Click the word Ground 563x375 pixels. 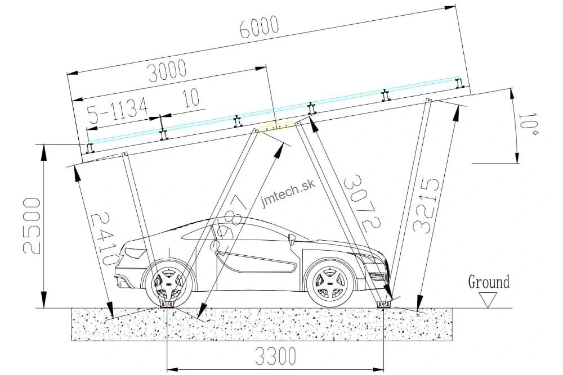pyautogui.click(x=489, y=282)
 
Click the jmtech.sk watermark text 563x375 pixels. pyautogui.click(x=288, y=193)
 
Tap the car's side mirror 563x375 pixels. pyautogui.click(x=292, y=240)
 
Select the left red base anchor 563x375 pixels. pyautogui.click(x=167, y=304)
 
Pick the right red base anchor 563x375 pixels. pyautogui.click(x=383, y=304)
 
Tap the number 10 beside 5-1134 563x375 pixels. pyautogui.click(x=191, y=98)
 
